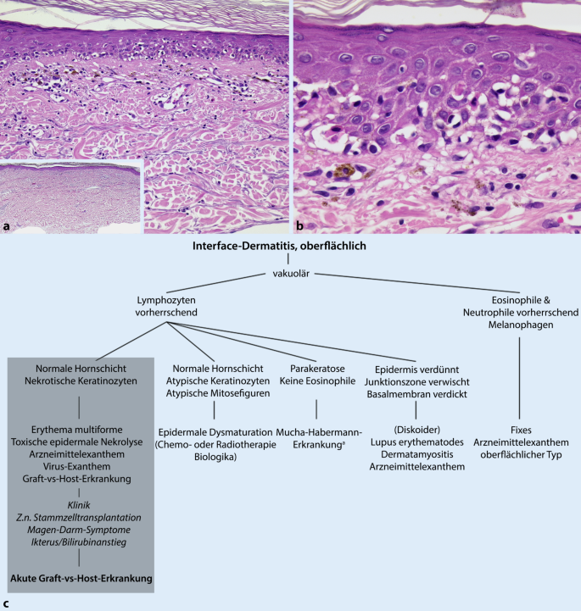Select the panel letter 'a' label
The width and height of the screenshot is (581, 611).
point(8,227)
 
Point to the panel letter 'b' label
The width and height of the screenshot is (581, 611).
point(300,227)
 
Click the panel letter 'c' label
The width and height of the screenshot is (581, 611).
point(7,604)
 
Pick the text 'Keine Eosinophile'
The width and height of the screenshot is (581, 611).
point(316,382)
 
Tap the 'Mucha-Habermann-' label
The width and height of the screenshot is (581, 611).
point(316,431)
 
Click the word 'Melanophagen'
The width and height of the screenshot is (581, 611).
point(517,325)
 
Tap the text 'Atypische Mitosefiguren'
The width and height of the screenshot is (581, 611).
point(212,395)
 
